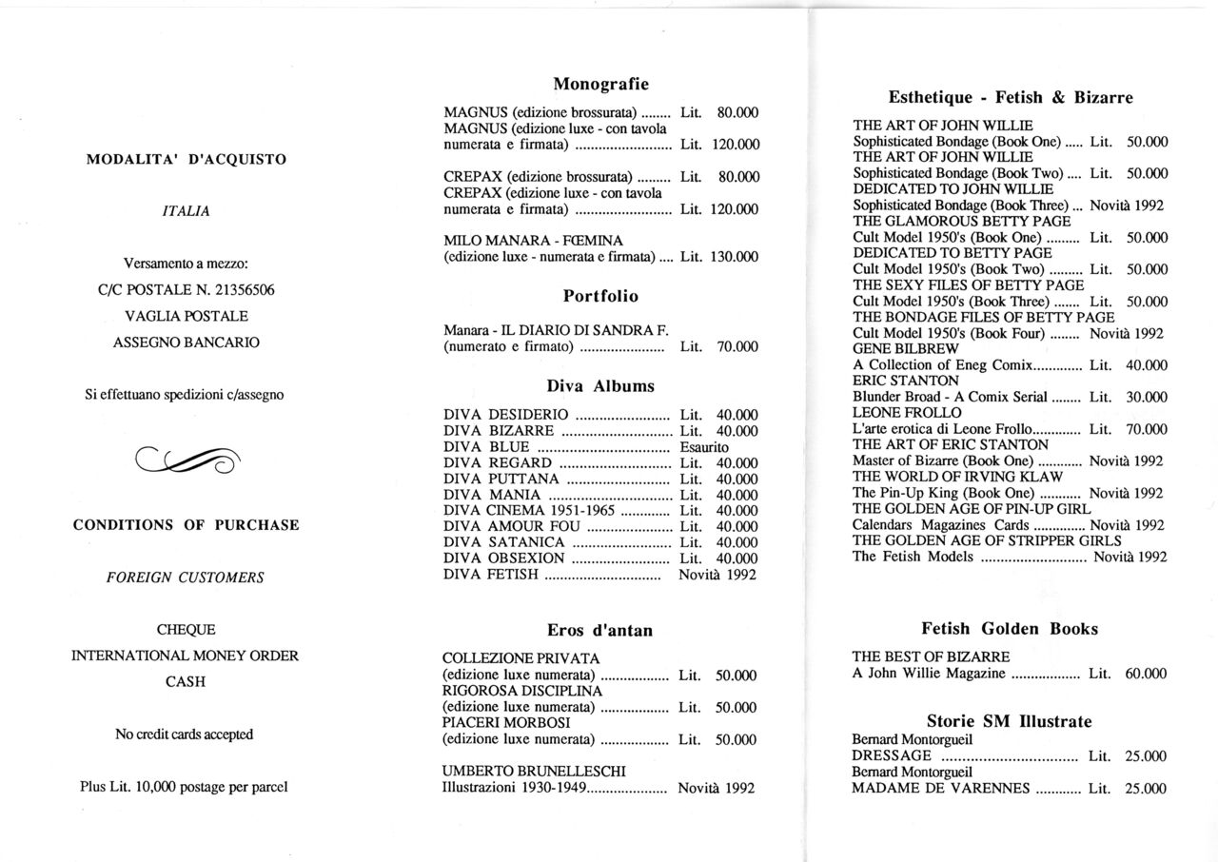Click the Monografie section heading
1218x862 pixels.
point(600,85)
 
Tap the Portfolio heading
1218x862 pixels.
point(600,296)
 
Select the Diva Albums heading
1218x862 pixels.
point(600,386)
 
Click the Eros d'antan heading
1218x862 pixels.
point(600,630)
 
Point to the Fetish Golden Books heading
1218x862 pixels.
point(1010,629)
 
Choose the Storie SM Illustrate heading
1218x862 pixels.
point(1010,721)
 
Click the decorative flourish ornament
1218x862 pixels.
point(187,460)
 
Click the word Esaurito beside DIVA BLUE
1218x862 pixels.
point(705,447)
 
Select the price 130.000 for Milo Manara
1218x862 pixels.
point(735,257)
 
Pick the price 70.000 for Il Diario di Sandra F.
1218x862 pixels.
point(737,347)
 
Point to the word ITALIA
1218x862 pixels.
point(187,212)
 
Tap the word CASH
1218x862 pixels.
point(187,681)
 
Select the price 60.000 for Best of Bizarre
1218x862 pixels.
point(1146,674)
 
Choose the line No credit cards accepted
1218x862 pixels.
point(185,735)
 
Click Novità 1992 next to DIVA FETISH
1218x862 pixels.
point(718,575)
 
